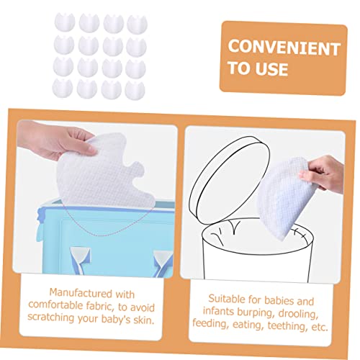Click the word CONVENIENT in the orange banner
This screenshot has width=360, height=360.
(283, 48)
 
